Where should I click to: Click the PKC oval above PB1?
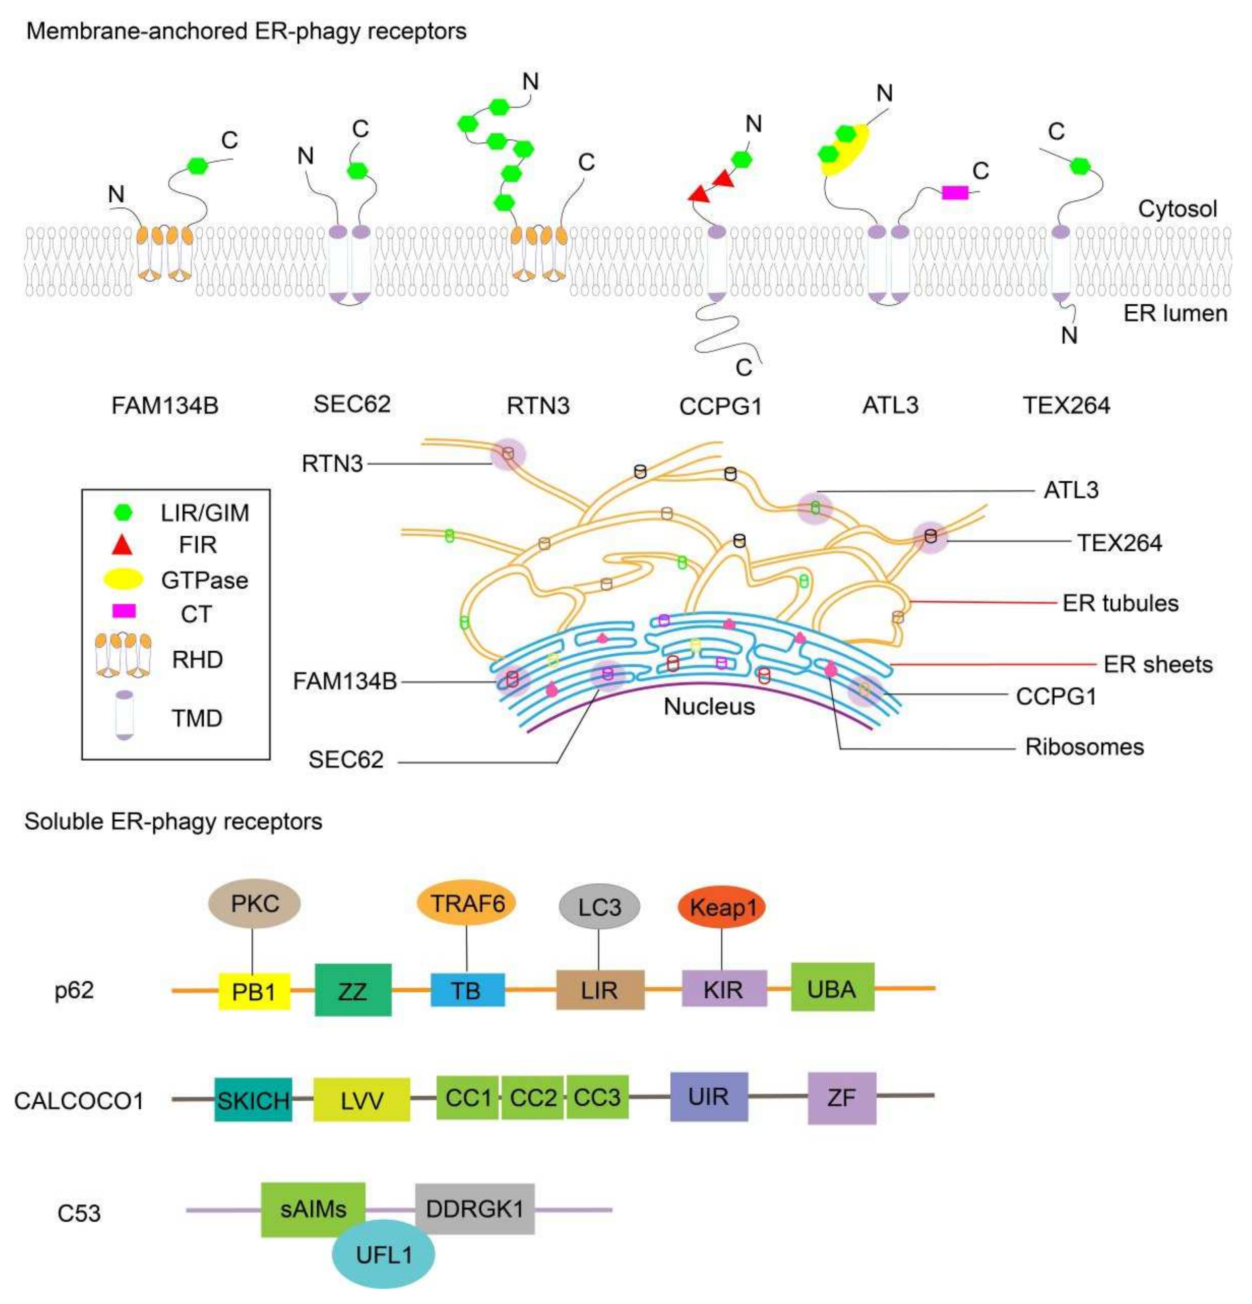click(x=254, y=903)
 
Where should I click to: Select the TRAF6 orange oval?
click(x=466, y=903)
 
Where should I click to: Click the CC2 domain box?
click(x=532, y=1098)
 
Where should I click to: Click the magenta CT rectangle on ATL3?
click(x=955, y=193)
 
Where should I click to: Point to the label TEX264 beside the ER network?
click(x=1119, y=543)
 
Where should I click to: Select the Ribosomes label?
click(x=1084, y=746)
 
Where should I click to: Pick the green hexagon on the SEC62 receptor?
click(x=357, y=170)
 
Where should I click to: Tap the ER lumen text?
click(x=1175, y=313)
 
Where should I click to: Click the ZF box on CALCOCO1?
click(x=842, y=1098)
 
